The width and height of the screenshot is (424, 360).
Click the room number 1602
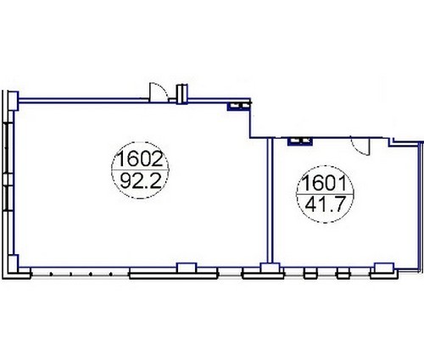point(140,159)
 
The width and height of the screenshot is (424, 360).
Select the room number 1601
point(324,183)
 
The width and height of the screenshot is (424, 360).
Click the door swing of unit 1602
point(158,92)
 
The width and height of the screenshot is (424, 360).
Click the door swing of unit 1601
point(360,146)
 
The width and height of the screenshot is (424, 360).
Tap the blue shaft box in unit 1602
point(239,106)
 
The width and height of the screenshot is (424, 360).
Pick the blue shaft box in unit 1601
point(300,141)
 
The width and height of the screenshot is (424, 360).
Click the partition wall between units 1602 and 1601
point(271,201)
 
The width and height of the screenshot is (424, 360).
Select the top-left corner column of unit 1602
point(13,101)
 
